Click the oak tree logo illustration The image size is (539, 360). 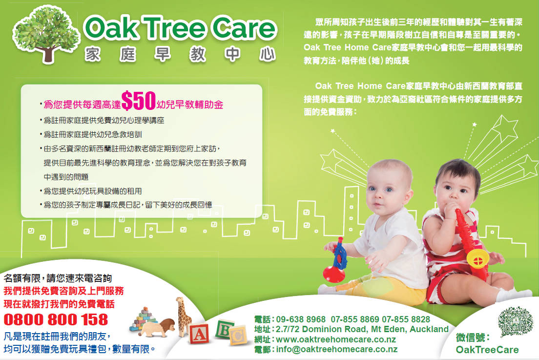(46, 34)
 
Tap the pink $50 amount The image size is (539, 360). (139, 101)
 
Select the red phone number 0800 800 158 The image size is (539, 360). (56, 319)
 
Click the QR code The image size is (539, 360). (515, 321)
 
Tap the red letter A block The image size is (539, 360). (199, 334)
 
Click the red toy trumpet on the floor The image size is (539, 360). (335, 262)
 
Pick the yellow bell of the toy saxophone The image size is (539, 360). (478, 259)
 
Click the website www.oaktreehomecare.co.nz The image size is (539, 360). (336, 339)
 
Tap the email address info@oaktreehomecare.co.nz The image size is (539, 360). (337, 349)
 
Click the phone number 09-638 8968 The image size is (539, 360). (301, 319)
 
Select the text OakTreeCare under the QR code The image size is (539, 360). (487, 350)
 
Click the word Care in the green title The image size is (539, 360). (244, 27)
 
